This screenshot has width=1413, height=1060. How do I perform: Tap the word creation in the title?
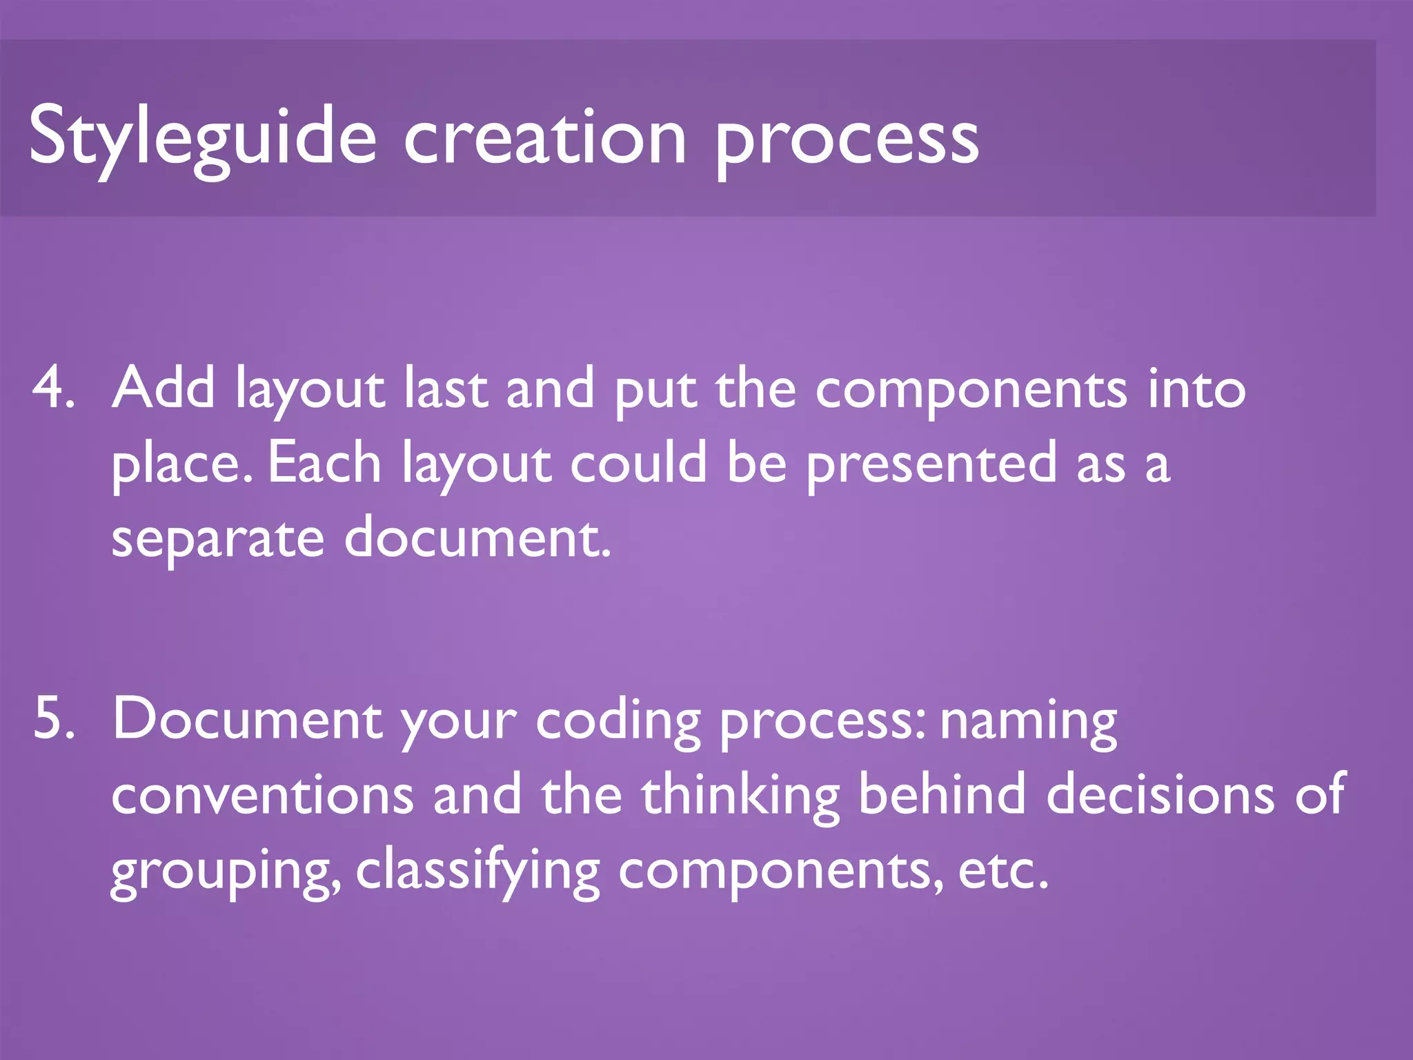pos(545,137)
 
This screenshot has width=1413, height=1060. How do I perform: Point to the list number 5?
pos(53,718)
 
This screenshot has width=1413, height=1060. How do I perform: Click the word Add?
pos(164,388)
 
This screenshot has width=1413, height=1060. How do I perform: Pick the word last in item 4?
pos(446,388)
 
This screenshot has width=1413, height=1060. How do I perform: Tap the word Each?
pos(324,463)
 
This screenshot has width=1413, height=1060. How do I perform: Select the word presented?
pos(931,464)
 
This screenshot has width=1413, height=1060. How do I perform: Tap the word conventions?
pos(262,795)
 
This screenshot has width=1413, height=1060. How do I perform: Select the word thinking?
pos(740,795)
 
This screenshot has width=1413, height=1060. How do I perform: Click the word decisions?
pos(1160,794)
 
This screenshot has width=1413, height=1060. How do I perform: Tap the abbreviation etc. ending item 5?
pos(1003,871)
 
